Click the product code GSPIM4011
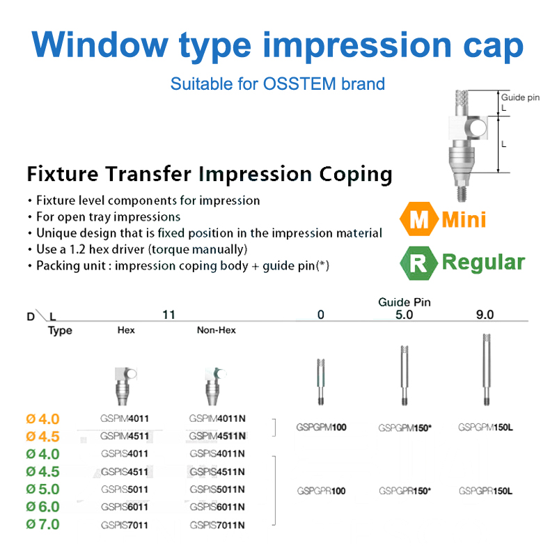pyautogui.click(x=125, y=418)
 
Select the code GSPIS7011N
pyautogui.click(x=217, y=525)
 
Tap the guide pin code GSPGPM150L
pyautogui.click(x=485, y=427)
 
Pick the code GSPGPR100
pyautogui.click(x=321, y=491)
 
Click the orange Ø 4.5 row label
pyautogui.click(x=42, y=437)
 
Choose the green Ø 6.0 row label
pyautogui.click(x=42, y=507)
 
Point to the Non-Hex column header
pyautogui.click(x=217, y=330)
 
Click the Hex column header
pyautogui.click(x=126, y=330)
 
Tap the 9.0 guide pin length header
pyautogui.click(x=485, y=315)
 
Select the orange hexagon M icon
pyautogui.click(x=419, y=219)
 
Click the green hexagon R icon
pyautogui.click(x=419, y=263)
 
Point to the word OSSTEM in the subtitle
pyautogui.click(x=299, y=84)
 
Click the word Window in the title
pyautogui.click(x=100, y=45)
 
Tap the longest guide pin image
pyautogui.click(x=487, y=370)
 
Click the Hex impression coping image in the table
pyautogui.click(x=124, y=386)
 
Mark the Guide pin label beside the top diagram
pyautogui.click(x=520, y=97)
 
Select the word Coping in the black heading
pyautogui.click(x=356, y=175)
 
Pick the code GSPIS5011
pyautogui.click(x=125, y=489)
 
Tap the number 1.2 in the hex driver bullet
pyautogui.click(x=77, y=249)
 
